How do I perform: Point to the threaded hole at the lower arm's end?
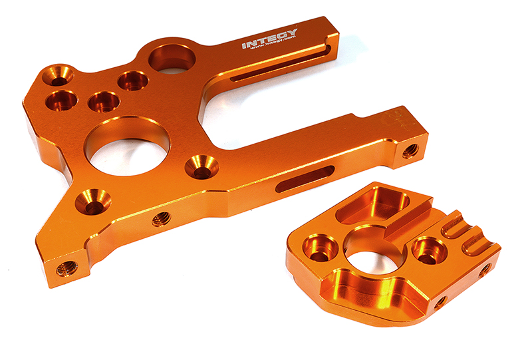[x=410, y=151]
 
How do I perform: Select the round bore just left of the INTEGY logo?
[x=172, y=58]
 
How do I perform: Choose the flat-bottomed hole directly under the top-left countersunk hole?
[x=62, y=100]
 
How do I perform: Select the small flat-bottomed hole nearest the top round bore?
[x=133, y=81]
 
